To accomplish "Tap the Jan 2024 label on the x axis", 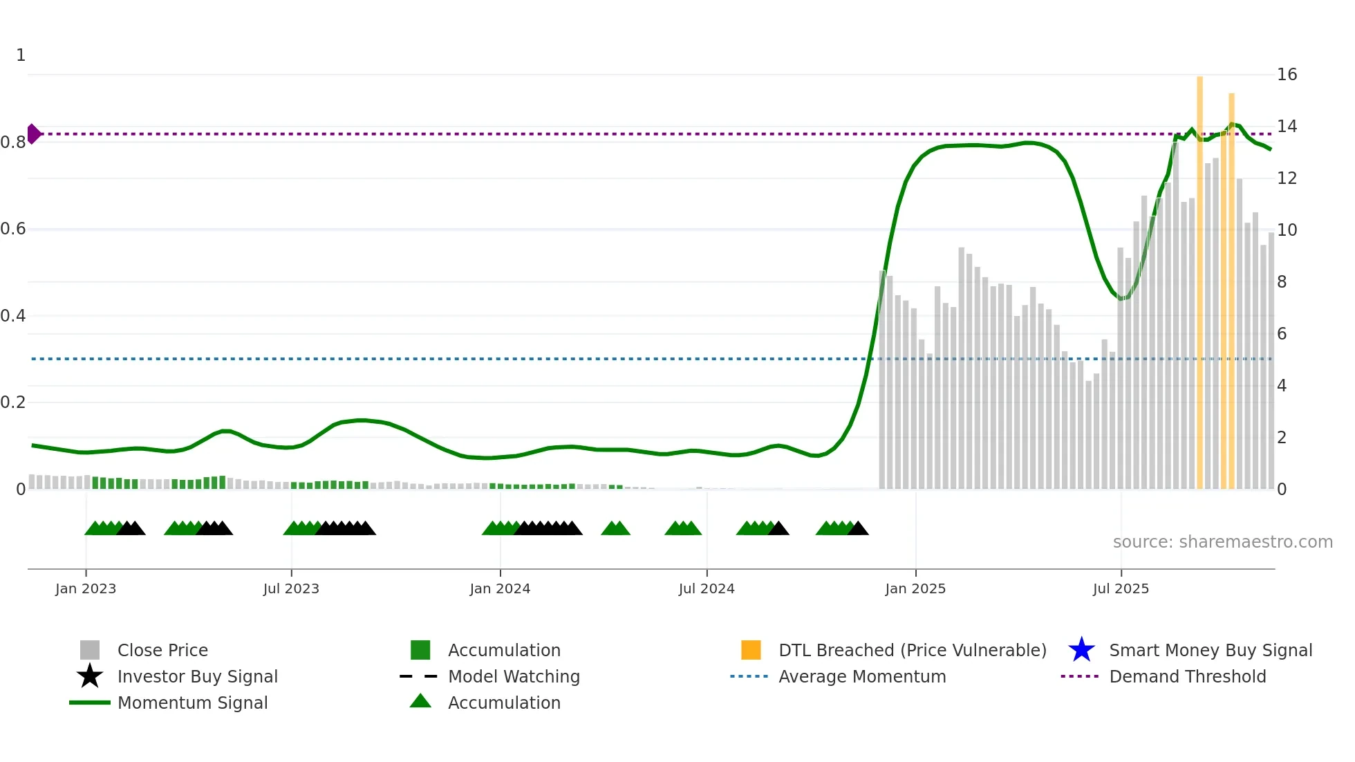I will click(x=500, y=588).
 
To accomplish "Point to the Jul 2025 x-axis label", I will click(x=1121, y=588).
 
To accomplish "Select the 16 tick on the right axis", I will click(x=1287, y=74).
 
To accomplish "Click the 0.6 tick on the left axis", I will click(x=13, y=229).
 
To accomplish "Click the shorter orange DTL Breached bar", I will click(x=1231, y=290).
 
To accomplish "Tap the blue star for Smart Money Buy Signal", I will click(x=1081, y=650).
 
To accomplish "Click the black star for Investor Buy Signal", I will click(x=90, y=676).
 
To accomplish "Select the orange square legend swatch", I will click(x=751, y=650).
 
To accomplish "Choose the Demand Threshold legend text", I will click(x=1187, y=676).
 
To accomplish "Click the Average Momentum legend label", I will click(x=862, y=676).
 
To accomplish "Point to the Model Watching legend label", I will click(x=514, y=676).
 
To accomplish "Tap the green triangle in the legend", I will click(x=420, y=701).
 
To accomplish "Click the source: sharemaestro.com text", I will click(x=1222, y=541).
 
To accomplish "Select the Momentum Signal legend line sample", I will click(x=90, y=703).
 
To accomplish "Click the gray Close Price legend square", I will click(x=90, y=650).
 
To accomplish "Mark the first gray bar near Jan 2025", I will click(x=882, y=380).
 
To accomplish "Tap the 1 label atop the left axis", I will click(x=21, y=55).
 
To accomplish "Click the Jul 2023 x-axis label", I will click(x=291, y=588).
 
